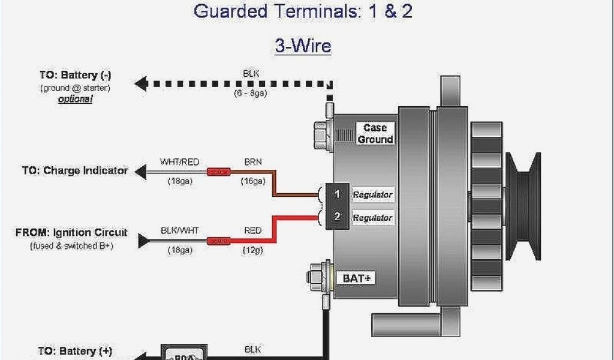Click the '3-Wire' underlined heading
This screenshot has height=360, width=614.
point(303,46)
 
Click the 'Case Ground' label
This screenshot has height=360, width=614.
point(375,133)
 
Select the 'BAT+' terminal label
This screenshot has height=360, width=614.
point(358,278)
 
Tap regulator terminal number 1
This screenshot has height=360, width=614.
point(338,194)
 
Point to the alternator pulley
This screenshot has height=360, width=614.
point(523,205)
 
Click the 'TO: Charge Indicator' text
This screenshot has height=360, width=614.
point(76,170)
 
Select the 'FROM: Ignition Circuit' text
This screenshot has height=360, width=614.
point(71,233)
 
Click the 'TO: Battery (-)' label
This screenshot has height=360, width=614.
point(76,76)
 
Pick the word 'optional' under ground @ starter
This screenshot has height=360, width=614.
point(76,99)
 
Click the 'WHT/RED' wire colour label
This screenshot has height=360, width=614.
point(179,162)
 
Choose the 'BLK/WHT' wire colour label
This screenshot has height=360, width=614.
point(179,230)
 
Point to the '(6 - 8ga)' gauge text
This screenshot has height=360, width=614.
point(251,93)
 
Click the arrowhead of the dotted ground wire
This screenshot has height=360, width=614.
point(142,83)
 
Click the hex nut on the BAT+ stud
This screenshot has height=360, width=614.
point(314,277)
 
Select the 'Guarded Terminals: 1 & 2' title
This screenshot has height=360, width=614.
point(303,11)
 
